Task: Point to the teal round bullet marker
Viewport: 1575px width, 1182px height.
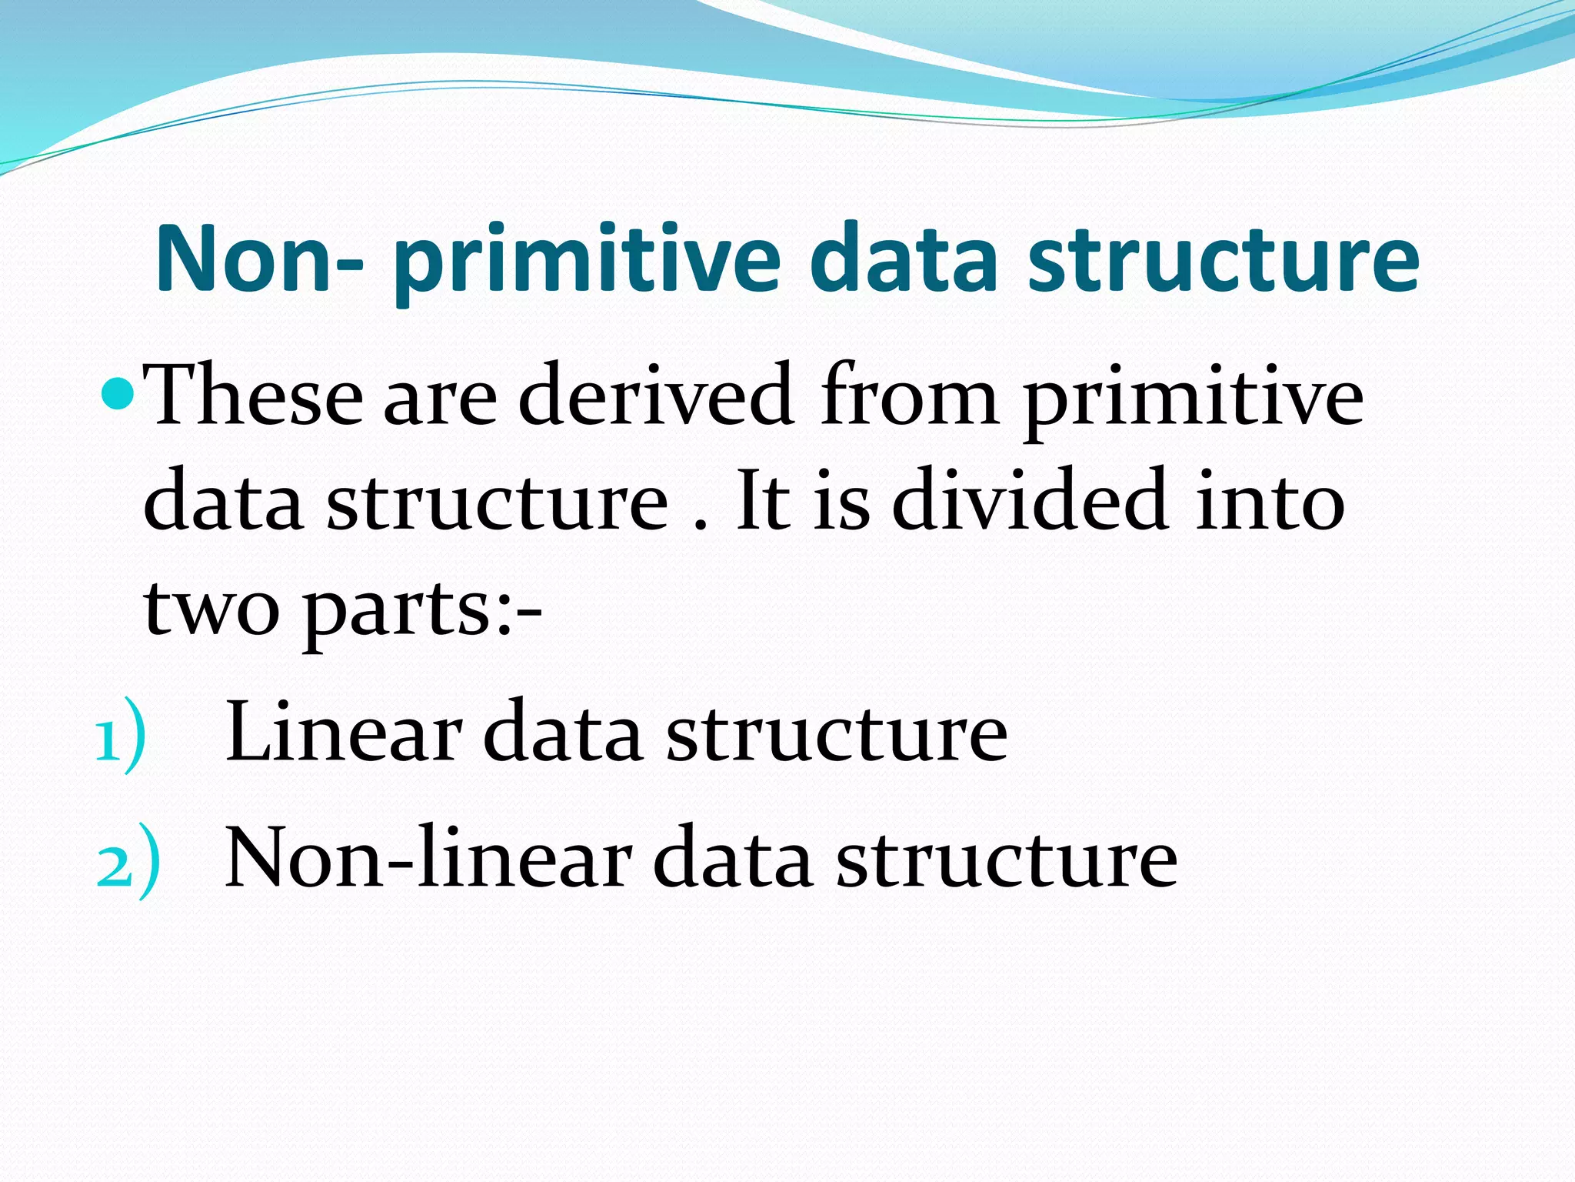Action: pyautogui.click(x=118, y=395)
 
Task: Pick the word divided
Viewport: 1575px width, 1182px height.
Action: pyautogui.click(x=1031, y=501)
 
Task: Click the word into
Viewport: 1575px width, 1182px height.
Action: pyautogui.click(x=1269, y=501)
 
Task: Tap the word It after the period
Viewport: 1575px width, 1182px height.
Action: pyautogui.click(x=763, y=501)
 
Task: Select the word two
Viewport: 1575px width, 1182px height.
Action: pyautogui.click(x=211, y=608)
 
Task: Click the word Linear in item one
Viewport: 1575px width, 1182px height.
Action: pyautogui.click(x=343, y=731)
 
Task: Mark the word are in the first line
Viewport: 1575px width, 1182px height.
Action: pyautogui.click(x=440, y=400)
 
